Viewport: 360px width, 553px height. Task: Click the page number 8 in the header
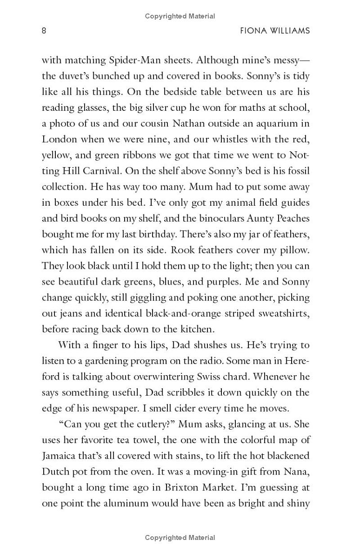click(x=44, y=31)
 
